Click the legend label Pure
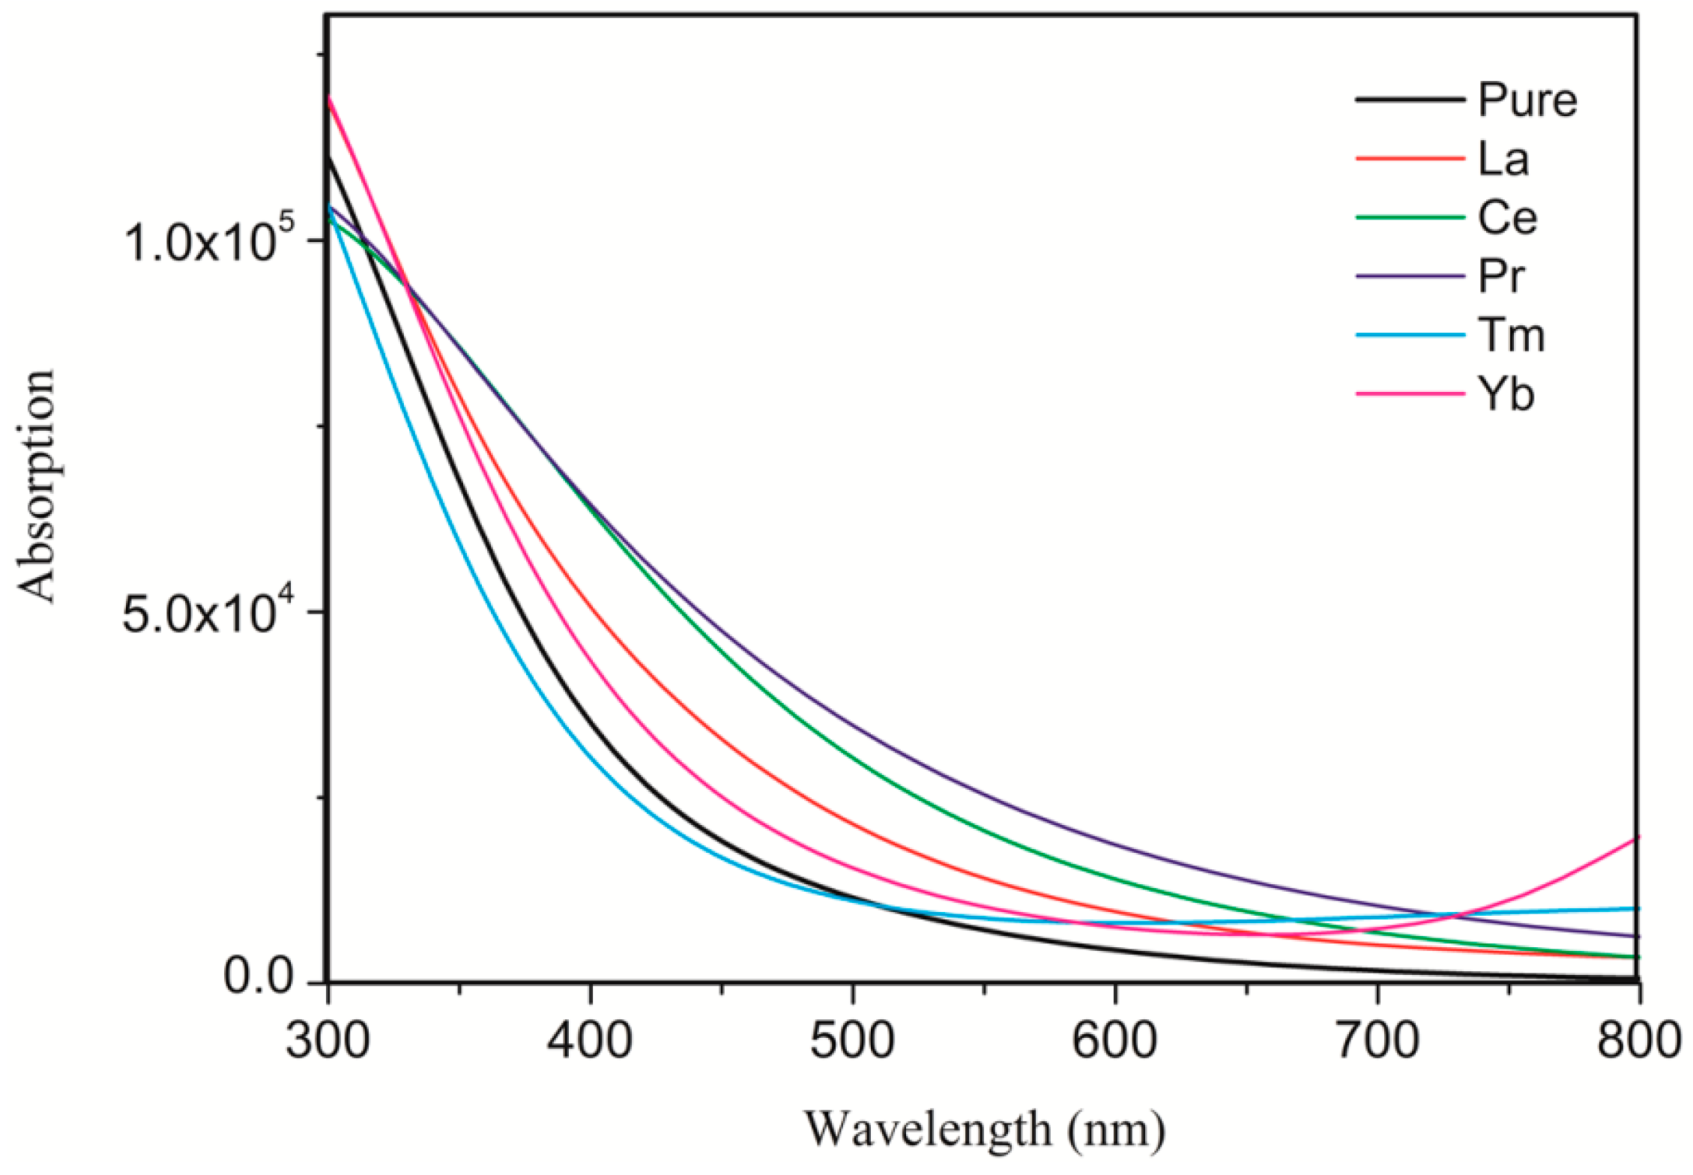point(1527,100)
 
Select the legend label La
point(1503,160)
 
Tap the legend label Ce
point(1507,218)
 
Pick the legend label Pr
point(1501,277)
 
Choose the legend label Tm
point(1511,335)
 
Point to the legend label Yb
point(1506,394)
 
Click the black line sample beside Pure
point(1410,100)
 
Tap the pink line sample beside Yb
point(1410,393)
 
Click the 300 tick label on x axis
point(328,1042)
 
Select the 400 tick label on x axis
point(590,1042)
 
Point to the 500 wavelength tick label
point(853,1042)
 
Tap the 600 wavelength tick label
point(1115,1042)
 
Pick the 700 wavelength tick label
point(1378,1042)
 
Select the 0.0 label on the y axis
point(259,978)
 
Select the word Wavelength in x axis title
point(928,1129)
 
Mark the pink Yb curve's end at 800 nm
point(1638,838)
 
